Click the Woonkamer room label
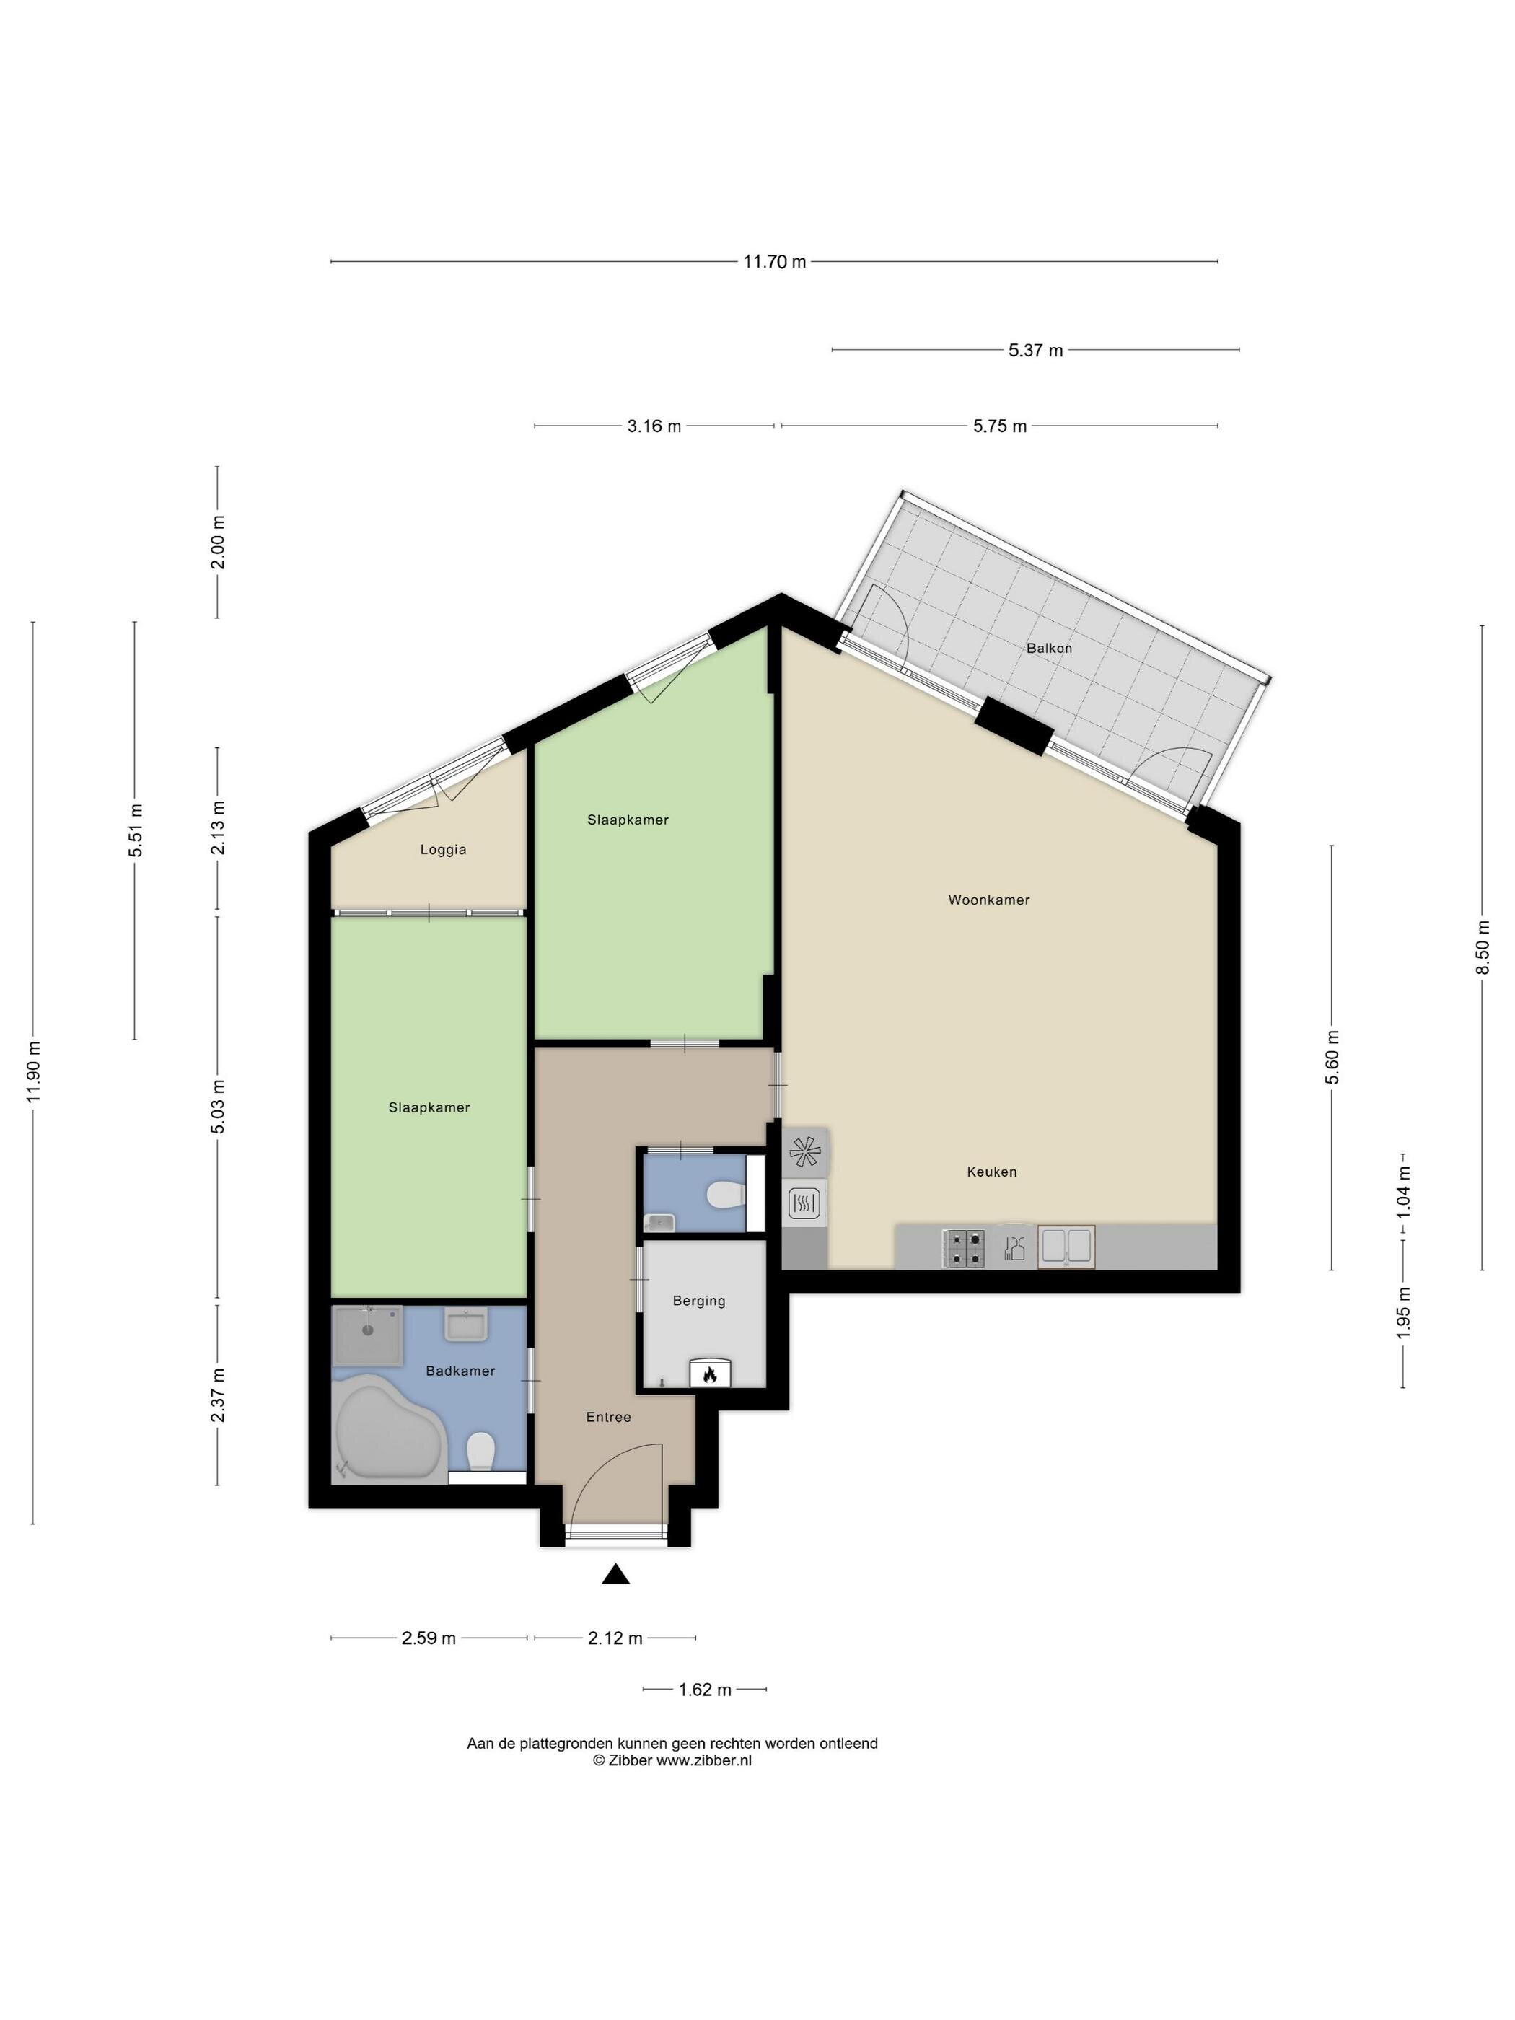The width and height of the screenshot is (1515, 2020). [x=988, y=900]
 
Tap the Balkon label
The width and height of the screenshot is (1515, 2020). [x=1048, y=649]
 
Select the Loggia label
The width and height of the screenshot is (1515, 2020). [x=443, y=849]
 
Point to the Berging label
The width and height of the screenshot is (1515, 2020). [x=698, y=1301]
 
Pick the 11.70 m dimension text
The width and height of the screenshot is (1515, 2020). [x=773, y=262]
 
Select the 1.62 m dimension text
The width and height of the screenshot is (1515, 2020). [x=704, y=1690]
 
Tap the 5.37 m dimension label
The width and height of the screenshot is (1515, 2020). [x=1035, y=350]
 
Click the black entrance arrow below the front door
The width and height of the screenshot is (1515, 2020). [x=615, y=1573]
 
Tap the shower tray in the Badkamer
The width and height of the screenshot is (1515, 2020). [x=367, y=1335]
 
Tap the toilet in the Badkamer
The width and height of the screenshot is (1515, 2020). [x=480, y=1450]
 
